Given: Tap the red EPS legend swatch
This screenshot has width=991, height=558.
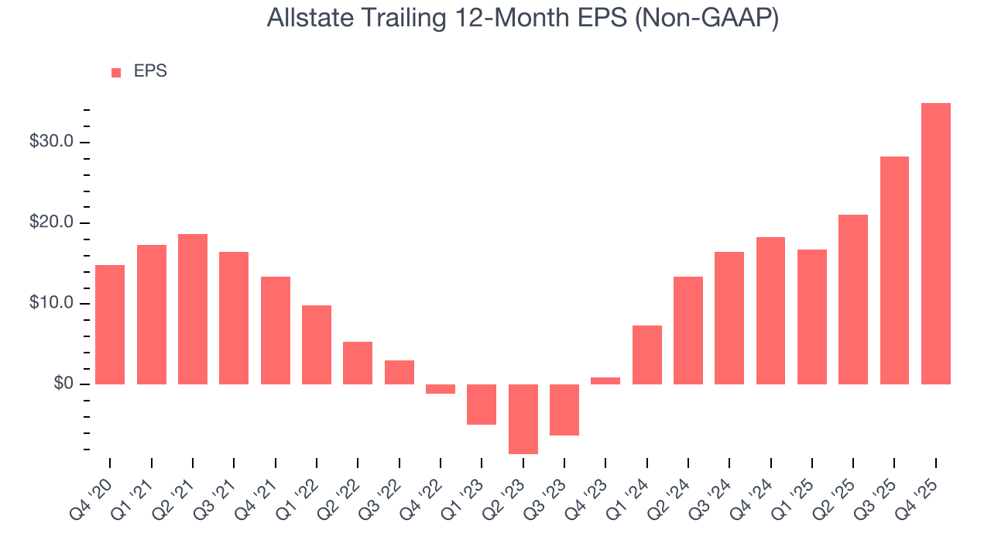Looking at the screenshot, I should [x=116, y=73].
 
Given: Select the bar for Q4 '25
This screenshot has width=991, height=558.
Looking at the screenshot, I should [x=935, y=243].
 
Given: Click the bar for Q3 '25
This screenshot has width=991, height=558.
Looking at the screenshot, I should [x=894, y=270].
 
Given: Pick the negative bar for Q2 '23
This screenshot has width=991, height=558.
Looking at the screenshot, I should [x=523, y=418].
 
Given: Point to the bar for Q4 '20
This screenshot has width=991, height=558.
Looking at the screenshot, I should [x=110, y=325].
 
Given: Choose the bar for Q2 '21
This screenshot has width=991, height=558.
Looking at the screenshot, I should [x=193, y=309].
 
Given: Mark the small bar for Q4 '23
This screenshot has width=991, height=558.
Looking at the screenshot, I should [x=605, y=381].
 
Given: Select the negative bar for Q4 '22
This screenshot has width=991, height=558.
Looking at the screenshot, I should [x=441, y=389].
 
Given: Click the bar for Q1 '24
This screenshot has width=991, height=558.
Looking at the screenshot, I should [x=646, y=355].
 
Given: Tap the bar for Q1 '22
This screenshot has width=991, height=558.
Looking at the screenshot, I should [x=317, y=345].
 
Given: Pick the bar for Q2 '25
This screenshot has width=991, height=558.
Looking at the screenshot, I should [x=853, y=299].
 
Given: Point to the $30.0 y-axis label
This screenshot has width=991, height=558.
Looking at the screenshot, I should [x=52, y=142].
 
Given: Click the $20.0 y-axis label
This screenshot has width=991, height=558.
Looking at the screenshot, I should [x=52, y=223].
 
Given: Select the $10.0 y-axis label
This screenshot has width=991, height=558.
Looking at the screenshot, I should [x=52, y=303].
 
